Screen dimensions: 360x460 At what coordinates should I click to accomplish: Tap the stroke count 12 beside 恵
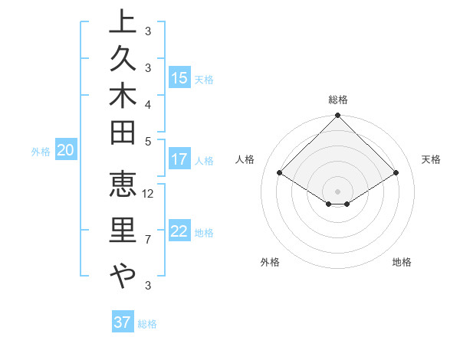tap(149, 193)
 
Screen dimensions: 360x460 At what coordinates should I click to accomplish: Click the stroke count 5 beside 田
tap(148, 141)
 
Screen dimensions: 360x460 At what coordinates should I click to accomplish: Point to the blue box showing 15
tap(179, 78)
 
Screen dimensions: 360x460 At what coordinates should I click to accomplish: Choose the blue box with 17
tap(179, 160)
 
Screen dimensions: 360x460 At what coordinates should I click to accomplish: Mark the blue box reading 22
tap(179, 232)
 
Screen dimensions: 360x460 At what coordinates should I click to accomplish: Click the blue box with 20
tap(65, 151)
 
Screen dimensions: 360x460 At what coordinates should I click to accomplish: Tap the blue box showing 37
tap(122, 322)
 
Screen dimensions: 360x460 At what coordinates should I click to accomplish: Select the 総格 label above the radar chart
tap(338, 100)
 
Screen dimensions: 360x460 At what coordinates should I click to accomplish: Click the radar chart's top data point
tap(338, 116)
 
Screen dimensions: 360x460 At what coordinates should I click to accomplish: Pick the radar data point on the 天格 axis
tap(396, 173)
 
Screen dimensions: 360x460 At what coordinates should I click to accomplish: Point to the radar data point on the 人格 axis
tap(280, 173)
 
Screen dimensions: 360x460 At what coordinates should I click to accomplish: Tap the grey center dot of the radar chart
tap(338, 191)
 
